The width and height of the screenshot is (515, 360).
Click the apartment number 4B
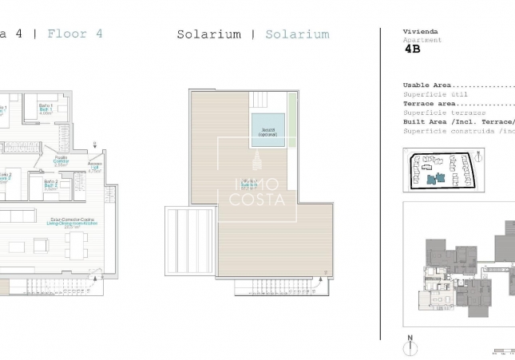pyautogui.click(x=412, y=49)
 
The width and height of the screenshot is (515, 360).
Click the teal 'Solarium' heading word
pyautogui.click(x=297, y=34)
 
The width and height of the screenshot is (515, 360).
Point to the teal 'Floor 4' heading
pyautogui.click(x=74, y=34)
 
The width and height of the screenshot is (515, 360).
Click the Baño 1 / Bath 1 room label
pyautogui.click(x=46, y=109)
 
